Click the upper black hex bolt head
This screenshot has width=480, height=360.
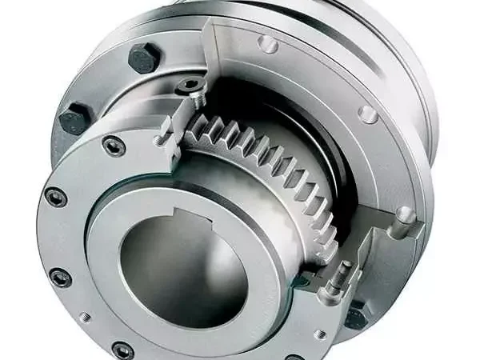145,57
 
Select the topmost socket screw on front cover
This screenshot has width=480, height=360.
113,146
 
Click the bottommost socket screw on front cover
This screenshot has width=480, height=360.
122,350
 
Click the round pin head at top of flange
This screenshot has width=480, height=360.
268,44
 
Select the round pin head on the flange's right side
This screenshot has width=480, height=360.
367,114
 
